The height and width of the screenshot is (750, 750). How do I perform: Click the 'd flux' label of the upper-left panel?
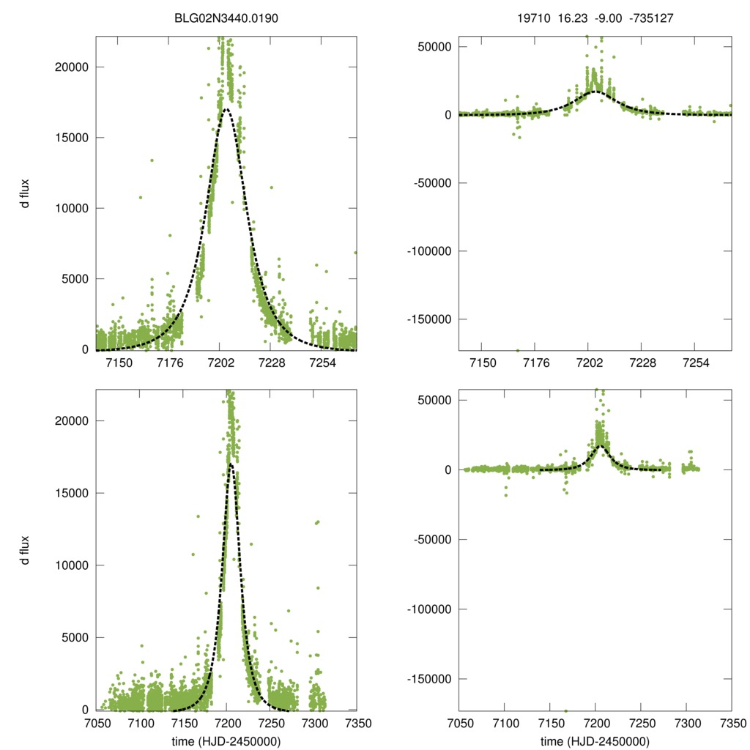pyautogui.click(x=26, y=193)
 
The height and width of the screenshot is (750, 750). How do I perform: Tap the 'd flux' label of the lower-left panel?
pyautogui.click(x=26, y=550)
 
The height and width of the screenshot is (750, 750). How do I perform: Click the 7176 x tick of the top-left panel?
pyautogui.click(x=170, y=363)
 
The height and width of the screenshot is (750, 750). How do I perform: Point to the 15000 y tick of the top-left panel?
pyautogui.click(x=72, y=138)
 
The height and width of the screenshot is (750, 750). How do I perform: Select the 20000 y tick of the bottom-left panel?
pyautogui.click(x=72, y=421)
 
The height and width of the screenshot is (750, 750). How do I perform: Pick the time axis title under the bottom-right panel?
pyautogui.click(x=595, y=741)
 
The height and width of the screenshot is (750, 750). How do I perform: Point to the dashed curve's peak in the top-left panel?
pyautogui.click(x=226, y=109)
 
